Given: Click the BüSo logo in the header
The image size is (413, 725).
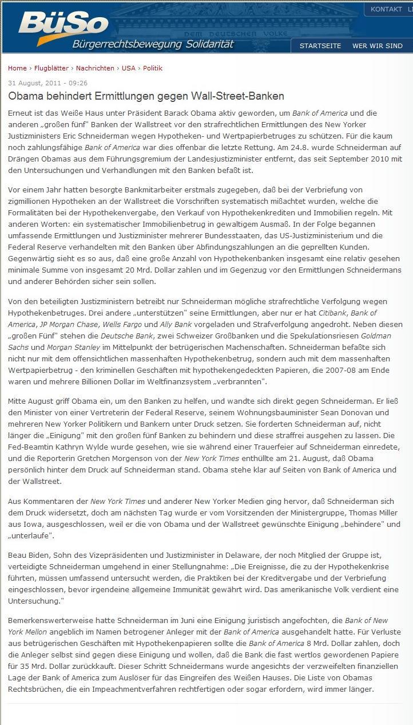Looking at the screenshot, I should point(63,26).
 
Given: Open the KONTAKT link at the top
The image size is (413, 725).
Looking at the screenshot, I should point(386,9).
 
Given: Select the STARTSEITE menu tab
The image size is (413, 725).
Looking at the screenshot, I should point(320,46).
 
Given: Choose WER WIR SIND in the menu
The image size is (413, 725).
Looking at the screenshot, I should point(377,46).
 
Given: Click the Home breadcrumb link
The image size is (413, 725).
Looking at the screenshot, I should point(17,68).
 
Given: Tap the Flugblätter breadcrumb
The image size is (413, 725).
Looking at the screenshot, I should point(51,68).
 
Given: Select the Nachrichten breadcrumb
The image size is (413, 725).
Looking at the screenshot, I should point(95,68).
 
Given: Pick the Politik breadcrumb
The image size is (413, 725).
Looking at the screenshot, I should point(153,68).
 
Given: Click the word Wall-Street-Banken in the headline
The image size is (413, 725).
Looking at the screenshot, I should point(236,96).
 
